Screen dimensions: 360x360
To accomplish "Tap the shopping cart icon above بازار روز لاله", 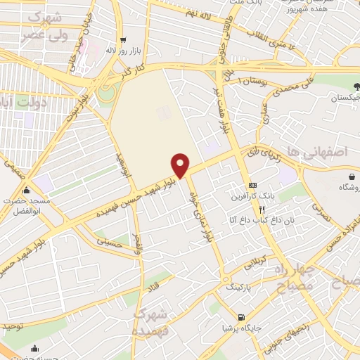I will point(123,40).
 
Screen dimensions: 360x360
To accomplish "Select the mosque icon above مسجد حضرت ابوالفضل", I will point(27,189).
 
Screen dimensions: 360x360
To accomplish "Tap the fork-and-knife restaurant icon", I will point(262,209).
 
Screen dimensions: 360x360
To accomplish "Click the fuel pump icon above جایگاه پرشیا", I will point(243,317).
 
